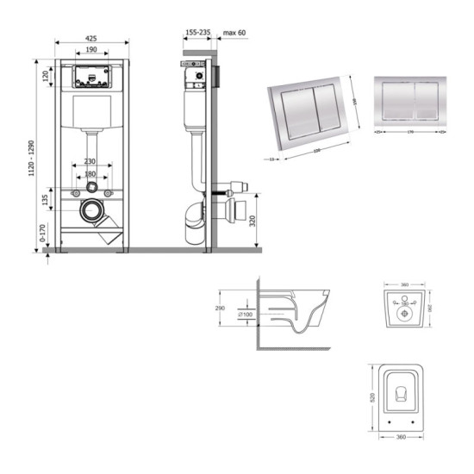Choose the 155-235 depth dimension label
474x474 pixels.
pyautogui.click(x=197, y=33)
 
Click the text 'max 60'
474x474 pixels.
pyautogui.click(x=235, y=33)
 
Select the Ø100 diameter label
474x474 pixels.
pyautogui.click(x=246, y=314)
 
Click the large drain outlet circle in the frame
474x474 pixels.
pyautogui.click(x=92, y=209)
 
